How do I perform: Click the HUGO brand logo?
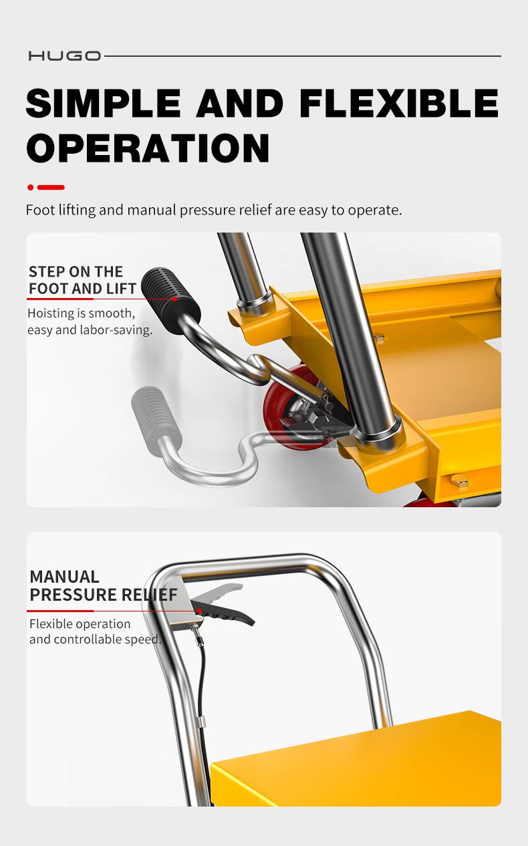coord(65,56)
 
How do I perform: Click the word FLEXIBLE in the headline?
coord(399,103)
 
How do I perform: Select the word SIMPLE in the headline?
coord(104,103)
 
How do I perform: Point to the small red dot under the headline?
coord(31,187)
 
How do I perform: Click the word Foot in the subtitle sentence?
coord(40,210)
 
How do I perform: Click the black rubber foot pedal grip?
coord(170,301)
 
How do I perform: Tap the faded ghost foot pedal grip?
coord(156,420)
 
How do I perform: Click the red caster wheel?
coord(290,408)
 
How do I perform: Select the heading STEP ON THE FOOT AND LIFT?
coord(82,280)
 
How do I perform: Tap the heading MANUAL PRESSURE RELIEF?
coord(104,586)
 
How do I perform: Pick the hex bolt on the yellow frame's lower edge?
coord(459,481)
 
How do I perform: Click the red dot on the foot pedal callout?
coord(175,299)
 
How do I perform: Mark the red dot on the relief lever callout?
coord(199,611)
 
